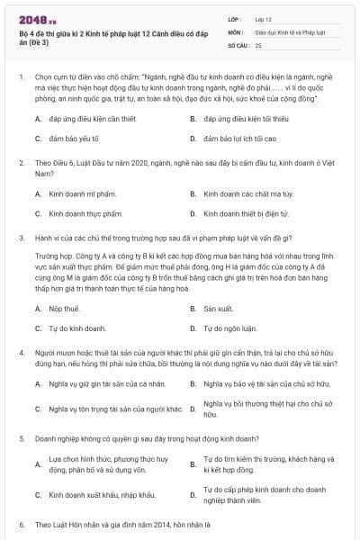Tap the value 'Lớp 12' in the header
(x=262, y=18)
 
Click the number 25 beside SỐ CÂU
(x=259, y=43)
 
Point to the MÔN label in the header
(x=236, y=31)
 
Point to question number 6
(x=21, y=523)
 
